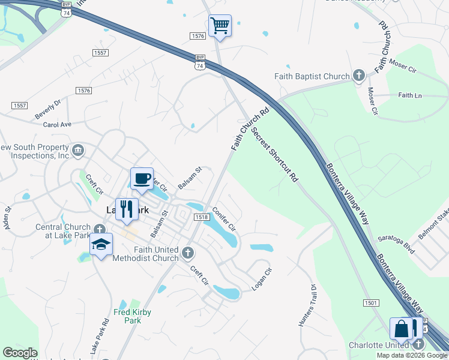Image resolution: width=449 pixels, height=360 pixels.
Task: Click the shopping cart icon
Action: (220, 26)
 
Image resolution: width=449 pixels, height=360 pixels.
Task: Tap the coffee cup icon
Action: (142, 178)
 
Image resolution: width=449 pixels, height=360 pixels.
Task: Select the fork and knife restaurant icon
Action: (126, 209)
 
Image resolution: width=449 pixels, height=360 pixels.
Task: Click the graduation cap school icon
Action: (101, 245)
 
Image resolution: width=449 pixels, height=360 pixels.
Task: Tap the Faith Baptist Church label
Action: (312, 76)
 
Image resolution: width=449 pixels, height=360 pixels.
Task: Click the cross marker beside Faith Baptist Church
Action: (359, 76)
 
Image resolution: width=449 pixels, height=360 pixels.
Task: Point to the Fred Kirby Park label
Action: (133, 316)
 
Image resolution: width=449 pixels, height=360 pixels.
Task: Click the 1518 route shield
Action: (201, 217)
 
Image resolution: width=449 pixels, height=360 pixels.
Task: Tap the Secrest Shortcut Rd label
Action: (275, 154)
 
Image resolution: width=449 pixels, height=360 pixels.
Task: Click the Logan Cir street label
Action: (262, 280)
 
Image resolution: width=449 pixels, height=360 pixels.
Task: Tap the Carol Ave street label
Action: (57, 125)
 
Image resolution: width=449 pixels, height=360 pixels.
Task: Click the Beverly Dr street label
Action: (48, 109)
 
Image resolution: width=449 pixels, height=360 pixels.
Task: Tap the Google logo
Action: (20, 353)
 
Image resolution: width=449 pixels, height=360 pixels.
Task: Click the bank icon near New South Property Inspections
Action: (77, 150)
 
